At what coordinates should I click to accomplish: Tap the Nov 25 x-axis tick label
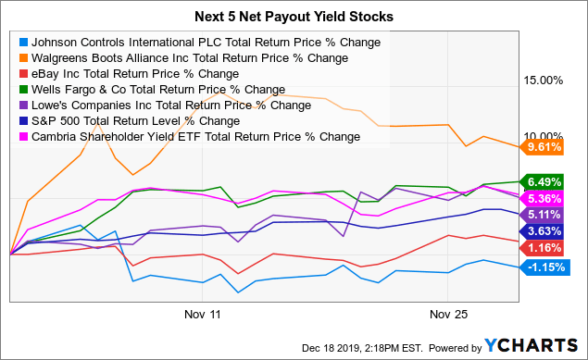coord(447,314)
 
